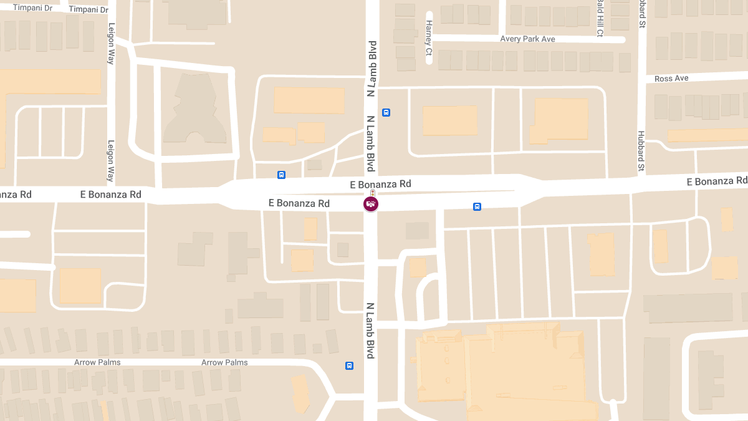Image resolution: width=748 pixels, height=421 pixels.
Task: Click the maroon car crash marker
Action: pos(371,204)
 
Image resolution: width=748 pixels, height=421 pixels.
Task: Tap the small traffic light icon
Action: pos(372,193)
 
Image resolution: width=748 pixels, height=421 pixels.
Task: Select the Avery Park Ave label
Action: pos(527,39)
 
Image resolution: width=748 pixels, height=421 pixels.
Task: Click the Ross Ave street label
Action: pos(671,79)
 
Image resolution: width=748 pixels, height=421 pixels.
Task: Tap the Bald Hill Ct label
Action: pos(600,19)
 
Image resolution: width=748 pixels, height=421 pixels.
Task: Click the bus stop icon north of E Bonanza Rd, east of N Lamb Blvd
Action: pos(386,113)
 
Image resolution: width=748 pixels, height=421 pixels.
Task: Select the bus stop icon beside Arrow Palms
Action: pos(349,366)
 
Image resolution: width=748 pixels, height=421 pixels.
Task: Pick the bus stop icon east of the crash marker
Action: pos(477,206)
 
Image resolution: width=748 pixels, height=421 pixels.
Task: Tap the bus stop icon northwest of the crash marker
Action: pos(281,175)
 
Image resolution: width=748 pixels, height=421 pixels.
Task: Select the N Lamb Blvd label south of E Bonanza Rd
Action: pos(370,331)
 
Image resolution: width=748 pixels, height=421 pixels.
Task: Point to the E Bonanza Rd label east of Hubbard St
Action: pos(717,181)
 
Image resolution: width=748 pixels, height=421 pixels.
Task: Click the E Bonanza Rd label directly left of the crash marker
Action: pos(299,203)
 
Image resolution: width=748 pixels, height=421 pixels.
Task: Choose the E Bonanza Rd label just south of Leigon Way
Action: pos(111,195)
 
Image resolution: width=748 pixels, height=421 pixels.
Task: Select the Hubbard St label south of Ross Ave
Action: pos(641,151)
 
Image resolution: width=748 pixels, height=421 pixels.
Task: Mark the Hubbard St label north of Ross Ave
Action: pos(641,14)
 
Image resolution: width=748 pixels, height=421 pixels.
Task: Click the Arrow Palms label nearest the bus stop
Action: pos(224,362)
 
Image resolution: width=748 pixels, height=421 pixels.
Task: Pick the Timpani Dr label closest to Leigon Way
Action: pos(89,9)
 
